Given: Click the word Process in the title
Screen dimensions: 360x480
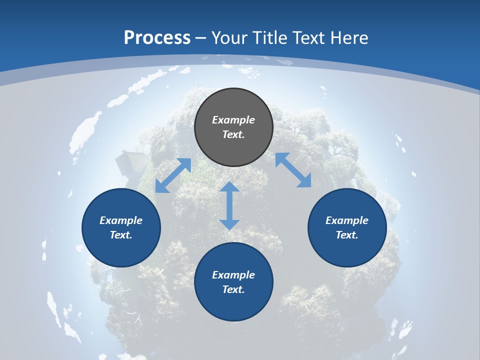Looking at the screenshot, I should coord(157,38).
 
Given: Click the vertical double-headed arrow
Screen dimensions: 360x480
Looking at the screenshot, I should coord(229,205).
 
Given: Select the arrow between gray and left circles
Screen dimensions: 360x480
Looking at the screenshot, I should coord(173,175).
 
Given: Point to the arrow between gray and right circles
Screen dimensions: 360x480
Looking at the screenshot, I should coord(293,170).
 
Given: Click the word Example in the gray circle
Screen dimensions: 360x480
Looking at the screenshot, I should coord(233,120).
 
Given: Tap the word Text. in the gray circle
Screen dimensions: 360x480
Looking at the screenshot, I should coord(233,134).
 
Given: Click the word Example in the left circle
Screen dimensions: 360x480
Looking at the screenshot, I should coord(121,220).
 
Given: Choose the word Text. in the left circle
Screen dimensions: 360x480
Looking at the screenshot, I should coord(121,235).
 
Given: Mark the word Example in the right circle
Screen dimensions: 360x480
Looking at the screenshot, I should coord(347,220).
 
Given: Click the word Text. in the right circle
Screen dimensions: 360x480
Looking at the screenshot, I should coord(347,235).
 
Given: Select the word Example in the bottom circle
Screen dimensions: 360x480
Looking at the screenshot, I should coord(233,275).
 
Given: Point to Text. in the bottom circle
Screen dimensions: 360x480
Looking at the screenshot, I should coord(233,289).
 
